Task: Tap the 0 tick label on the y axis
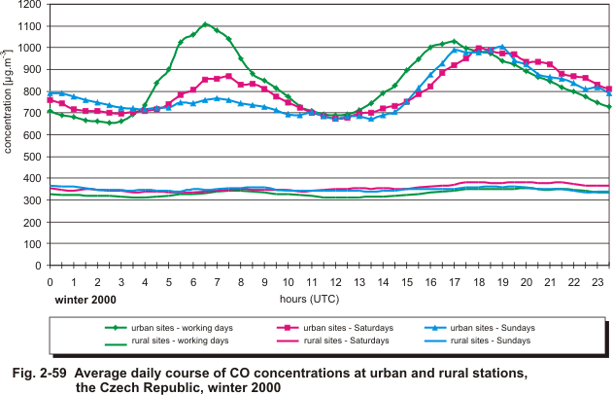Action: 37,264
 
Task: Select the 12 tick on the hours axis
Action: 335,281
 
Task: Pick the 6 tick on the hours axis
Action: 192,281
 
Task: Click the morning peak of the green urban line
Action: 205,24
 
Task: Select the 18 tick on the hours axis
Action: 478,281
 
